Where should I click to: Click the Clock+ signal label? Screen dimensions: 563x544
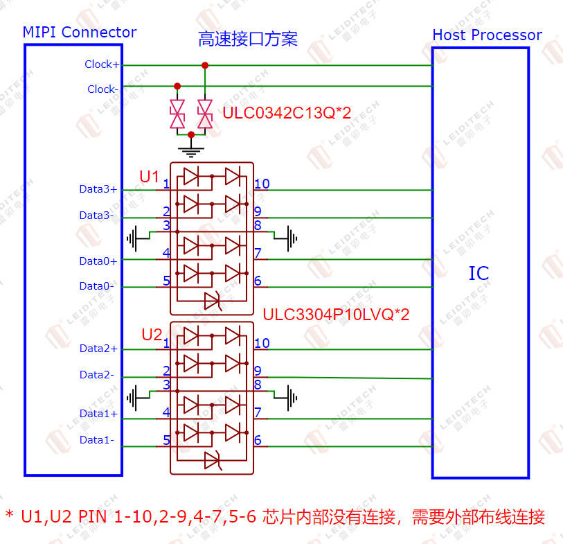pos(102,64)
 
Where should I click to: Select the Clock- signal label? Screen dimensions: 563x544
pos(102,89)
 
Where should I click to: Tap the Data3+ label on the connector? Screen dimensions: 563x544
pos(98,189)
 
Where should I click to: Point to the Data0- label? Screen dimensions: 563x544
pos(96,286)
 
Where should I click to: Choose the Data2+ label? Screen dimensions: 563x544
pos(99,349)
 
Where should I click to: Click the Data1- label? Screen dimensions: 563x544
pos(97,440)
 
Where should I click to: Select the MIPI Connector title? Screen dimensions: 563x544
pos(80,33)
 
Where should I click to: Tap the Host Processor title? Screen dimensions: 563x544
pos(488,35)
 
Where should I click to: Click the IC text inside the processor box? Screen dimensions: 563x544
pos(479,274)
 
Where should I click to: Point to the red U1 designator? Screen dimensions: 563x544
pos(149,177)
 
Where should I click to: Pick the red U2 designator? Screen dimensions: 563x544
pos(152,335)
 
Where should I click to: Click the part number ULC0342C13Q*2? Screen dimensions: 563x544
pos(287,113)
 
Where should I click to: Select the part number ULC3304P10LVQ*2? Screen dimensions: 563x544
pos(336,315)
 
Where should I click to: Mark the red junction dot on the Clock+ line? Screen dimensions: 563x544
pos(205,65)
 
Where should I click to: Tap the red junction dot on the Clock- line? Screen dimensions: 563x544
pos(177,86)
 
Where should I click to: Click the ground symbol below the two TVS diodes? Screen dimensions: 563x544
pos(191,150)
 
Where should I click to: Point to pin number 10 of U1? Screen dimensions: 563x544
pos(262,184)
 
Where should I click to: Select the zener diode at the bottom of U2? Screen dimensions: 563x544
pos(213,460)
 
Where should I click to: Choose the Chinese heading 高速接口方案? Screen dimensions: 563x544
pos(248,40)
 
